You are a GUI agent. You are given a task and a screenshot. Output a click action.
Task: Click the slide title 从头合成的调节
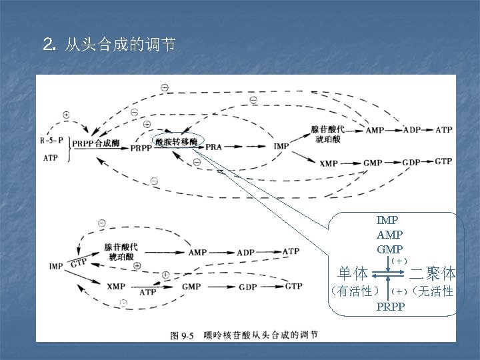pyautogui.click(x=120, y=45)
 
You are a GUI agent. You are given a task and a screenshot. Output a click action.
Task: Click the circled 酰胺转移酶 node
pyautogui.click(x=176, y=141)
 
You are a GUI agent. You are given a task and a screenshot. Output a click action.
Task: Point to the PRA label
pyautogui.click(x=214, y=146)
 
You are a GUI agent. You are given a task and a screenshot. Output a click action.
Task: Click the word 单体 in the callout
pyautogui.click(x=353, y=273)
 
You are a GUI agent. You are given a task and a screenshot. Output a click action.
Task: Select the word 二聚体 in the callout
pyautogui.click(x=433, y=273)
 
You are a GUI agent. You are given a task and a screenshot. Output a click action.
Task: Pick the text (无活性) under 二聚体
pyautogui.click(x=434, y=291)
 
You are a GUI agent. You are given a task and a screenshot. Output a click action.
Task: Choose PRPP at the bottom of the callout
pyautogui.click(x=390, y=307)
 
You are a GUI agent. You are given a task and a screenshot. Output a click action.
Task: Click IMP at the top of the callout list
pyautogui.click(x=388, y=219)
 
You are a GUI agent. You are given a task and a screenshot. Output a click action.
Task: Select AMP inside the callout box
pyautogui.click(x=389, y=234)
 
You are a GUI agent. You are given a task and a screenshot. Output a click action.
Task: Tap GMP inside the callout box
pyautogui.click(x=389, y=249)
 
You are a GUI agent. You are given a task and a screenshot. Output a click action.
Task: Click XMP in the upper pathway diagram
pyautogui.click(x=329, y=163)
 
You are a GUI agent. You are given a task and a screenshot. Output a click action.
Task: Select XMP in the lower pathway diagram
pyautogui.click(x=116, y=287)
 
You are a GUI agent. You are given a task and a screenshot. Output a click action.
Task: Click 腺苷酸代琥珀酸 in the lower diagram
pyautogui.click(x=119, y=251)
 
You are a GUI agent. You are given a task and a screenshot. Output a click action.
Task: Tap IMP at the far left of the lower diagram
pyautogui.click(x=57, y=267)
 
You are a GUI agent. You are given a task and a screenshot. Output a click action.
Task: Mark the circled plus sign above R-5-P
pyautogui.click(x=66, y=114)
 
